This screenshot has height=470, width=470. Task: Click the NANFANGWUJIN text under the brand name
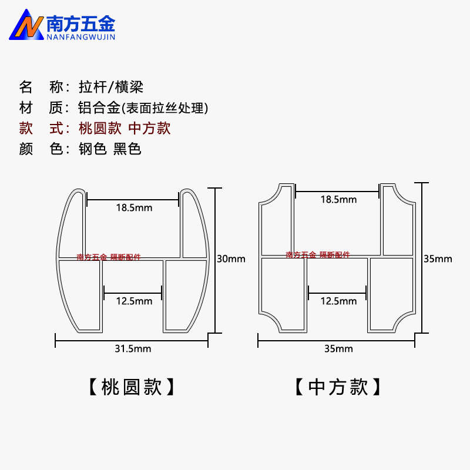point(80,36)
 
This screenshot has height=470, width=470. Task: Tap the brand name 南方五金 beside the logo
point(80,22)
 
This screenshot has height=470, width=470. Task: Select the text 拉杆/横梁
point(111,88)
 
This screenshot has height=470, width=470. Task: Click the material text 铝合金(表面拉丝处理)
point(144,108)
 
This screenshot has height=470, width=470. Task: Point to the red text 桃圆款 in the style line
point(99,129)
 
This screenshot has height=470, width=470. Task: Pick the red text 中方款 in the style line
point(149,129)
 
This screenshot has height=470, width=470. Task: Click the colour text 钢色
point(92,149)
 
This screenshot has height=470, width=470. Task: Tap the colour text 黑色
point(127,149)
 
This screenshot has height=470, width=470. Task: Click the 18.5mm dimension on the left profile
point(133,207)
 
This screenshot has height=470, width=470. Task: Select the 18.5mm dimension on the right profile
point(338,199)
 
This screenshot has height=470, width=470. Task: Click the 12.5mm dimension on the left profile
point(134,301)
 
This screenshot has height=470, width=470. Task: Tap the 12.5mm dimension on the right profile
point(338,301)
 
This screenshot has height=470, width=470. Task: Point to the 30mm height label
point(231,259)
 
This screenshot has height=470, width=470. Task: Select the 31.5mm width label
point(133,349)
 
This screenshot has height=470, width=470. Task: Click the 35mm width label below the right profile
point(338,349)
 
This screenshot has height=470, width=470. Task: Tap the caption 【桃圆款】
point(132,387)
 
